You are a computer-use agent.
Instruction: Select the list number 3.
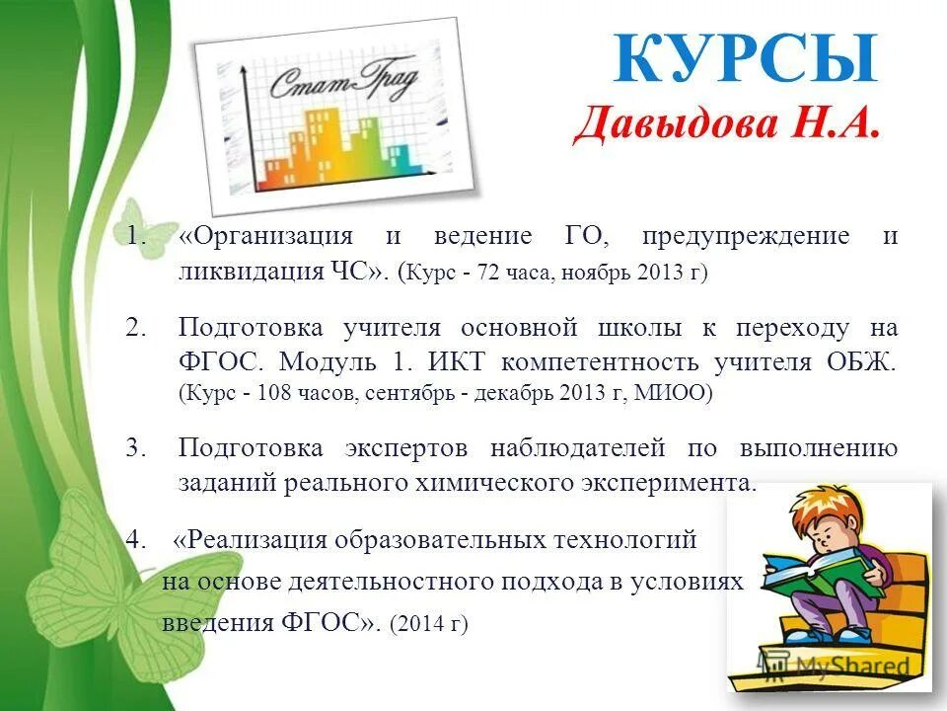pyautogui.click(x=135, y=448)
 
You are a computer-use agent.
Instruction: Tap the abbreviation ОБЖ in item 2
pyautogui.click(x=862, y=362)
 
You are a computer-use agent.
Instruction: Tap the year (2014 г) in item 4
pyautogui.click(x=429, y=624)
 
